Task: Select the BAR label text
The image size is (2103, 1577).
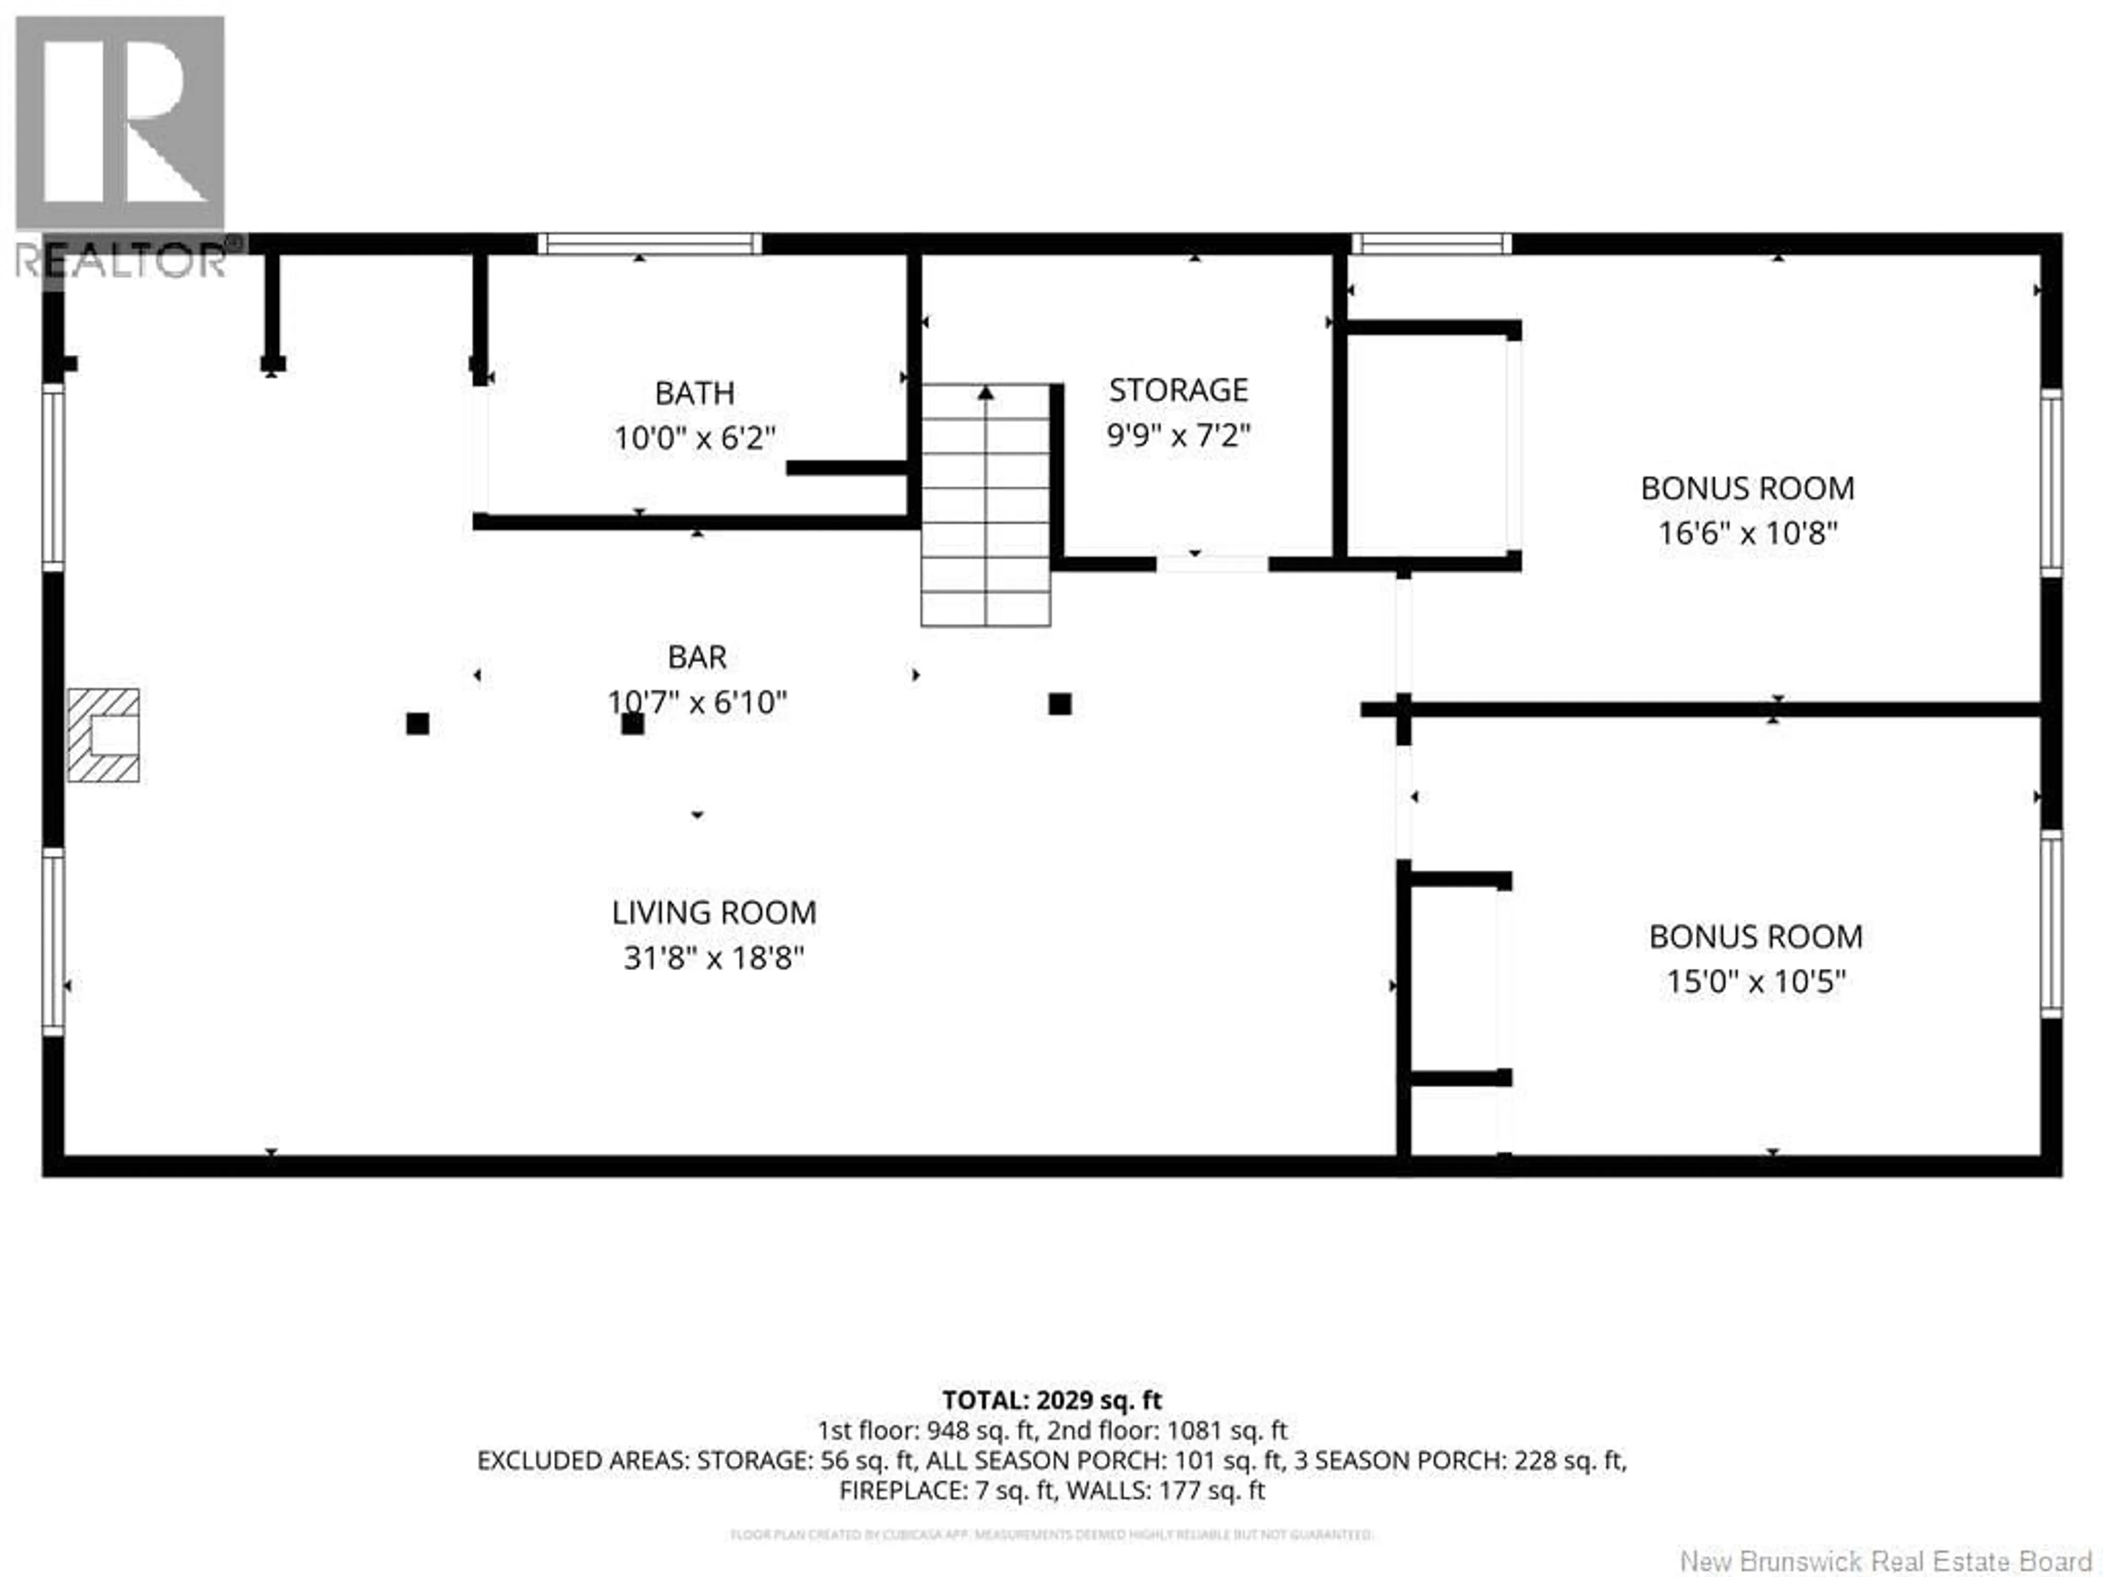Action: click(x=697, y=657)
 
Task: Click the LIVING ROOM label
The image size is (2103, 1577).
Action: click(x=713, y=913)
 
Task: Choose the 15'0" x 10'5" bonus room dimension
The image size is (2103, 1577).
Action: click(x=1755, y=982)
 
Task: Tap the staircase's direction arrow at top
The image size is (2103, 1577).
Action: click(x=986, y=393)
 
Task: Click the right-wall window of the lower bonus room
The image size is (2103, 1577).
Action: click(x=2052, y=924)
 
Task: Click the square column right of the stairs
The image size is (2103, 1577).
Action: click(x=1060, y=704)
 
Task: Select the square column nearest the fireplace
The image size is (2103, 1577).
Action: click(x=417, y=723)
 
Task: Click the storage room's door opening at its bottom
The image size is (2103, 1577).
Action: click(x=1211, y=563)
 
